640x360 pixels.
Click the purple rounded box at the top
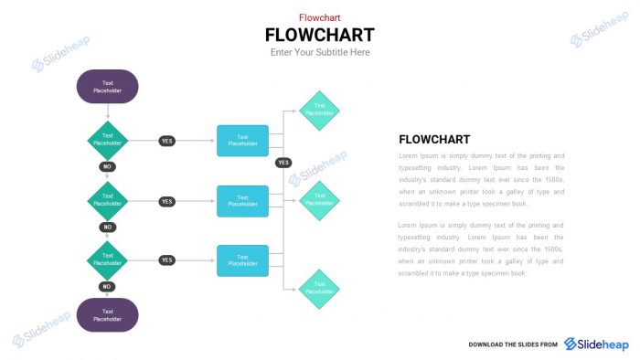click(107, 87)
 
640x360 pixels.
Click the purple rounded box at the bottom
click(107, 315)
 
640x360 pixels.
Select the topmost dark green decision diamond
click(108, 141)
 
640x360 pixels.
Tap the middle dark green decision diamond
click(108, 201)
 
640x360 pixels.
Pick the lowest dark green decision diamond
click(108, 260)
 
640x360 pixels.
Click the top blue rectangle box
click(242, 141)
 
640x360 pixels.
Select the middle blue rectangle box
click(242, 201)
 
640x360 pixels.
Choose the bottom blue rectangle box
click(242, 260)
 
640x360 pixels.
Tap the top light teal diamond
click(319, 110)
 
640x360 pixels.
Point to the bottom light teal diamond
click(319, 289)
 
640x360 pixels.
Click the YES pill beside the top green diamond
click(166, 142)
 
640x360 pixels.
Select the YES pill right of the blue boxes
click(283, 163)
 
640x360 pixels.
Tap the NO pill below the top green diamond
click(107, 167)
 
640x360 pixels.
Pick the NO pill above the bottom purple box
click(107, 287)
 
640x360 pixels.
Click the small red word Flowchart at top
click(320, 17)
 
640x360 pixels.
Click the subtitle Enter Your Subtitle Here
click(320, 53)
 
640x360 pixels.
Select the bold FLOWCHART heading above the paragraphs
click(434, 140)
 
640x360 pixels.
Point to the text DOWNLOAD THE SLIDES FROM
click(513, 344)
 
